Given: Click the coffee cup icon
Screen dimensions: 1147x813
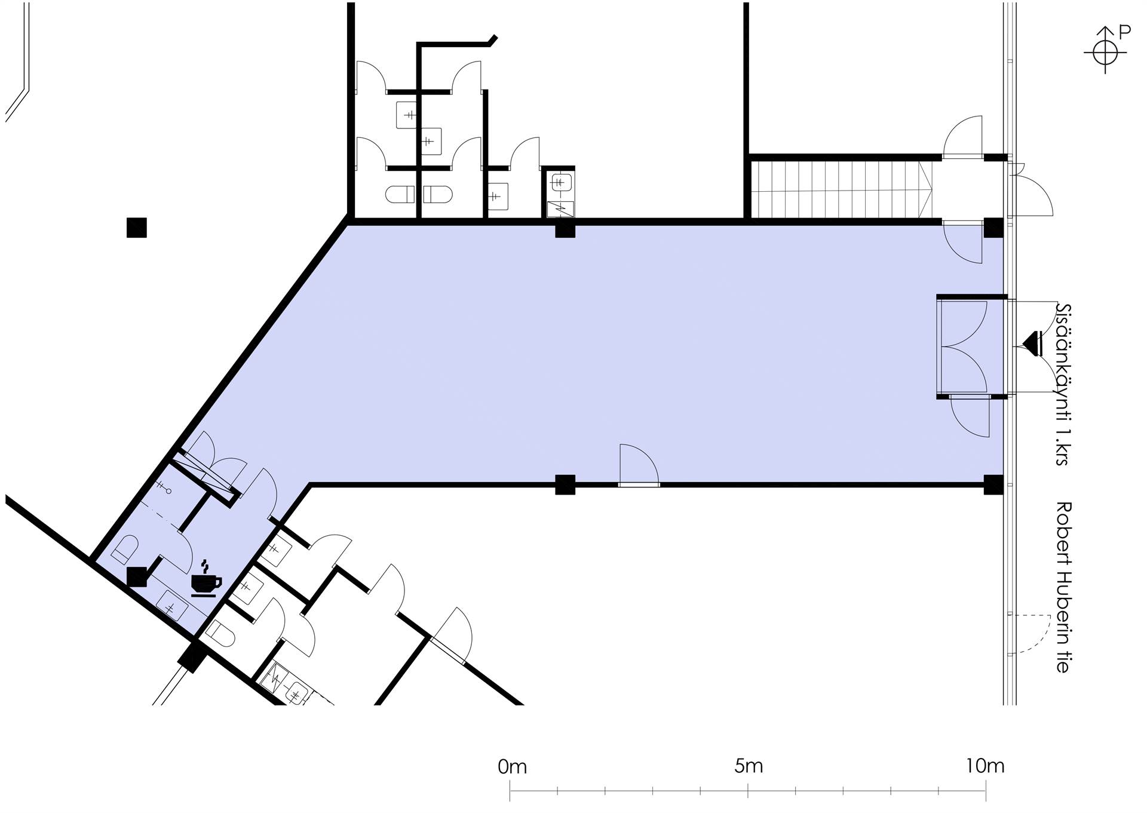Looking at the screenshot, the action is pyautogui.click(x=206, y=579).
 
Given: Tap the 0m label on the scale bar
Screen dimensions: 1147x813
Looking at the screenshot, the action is pyautogui.click(x=512, y=766).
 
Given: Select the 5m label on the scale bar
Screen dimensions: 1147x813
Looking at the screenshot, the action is pyautogui.click(x=749, y=766).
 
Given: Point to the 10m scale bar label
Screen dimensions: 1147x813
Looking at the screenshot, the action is pyautogui.click(x=985, y=766).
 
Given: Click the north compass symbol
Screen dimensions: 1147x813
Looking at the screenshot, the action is pyautogui.click(x=1105, y=53).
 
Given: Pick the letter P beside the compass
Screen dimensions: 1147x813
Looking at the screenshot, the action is pyautogui.click(x=1124, y=32).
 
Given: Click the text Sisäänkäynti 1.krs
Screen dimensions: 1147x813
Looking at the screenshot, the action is pyautogui.click(x=1063, y=385).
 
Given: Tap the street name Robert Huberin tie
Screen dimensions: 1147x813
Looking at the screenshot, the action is pyautogui.click(x=1063, y=587).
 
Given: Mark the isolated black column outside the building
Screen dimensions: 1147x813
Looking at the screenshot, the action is pyautogui.click(x=137, y=228).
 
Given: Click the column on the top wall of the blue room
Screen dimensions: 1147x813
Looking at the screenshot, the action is pyautogui.click(x=565, y=229).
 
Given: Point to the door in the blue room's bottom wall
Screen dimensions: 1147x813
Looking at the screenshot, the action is pyautogui.click(x=639, y=465).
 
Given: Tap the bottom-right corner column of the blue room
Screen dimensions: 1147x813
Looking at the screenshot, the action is pyautogui.click(x=993, y=484).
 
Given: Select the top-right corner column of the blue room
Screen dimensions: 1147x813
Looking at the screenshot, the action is pyautogui.click(x=993, y=228).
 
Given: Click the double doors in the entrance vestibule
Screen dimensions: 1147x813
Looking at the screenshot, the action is pyautogui.click(x=964, y=346).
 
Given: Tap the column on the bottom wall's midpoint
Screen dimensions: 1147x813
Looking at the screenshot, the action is pyautogui.click(x=565, y=484).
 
